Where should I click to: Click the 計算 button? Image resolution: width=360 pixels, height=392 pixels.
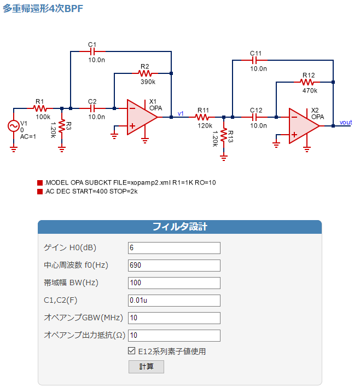[x=146, y=366]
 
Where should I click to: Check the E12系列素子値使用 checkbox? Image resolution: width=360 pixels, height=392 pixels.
[x=131, y=351]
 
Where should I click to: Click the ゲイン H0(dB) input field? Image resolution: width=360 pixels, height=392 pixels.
[x=174, y=248]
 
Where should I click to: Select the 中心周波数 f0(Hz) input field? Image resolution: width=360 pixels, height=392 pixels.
[x=174, y=265]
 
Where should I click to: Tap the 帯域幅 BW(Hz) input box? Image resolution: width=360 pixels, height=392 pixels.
[x=174, y=283]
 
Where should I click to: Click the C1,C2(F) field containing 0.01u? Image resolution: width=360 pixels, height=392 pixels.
[x=174, y=300]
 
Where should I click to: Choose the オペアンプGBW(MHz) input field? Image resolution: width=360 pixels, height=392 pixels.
[x=174, y=318]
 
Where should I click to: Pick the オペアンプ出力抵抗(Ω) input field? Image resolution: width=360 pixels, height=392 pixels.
[x=174, y=335]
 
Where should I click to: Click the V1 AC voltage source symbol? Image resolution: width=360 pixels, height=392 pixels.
[x=14, y=126]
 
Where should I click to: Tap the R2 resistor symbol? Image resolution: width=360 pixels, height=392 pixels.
[x=145, y=73]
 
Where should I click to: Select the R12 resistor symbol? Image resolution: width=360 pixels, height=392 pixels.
[x=307, y=82]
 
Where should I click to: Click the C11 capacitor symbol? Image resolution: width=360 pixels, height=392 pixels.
[x=254, y=60]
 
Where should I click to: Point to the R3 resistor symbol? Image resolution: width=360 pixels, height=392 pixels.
[x=62, y=126]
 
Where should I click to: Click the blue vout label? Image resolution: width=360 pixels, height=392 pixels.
[x=346, y=122]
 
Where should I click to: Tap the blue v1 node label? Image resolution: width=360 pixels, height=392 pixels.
[x=181, y=114]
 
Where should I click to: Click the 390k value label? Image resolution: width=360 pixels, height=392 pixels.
[x=148, y=82]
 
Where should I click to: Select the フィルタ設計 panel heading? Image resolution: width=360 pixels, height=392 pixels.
[x=180, y=227]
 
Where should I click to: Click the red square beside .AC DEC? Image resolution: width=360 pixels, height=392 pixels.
[x=40, y=192]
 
